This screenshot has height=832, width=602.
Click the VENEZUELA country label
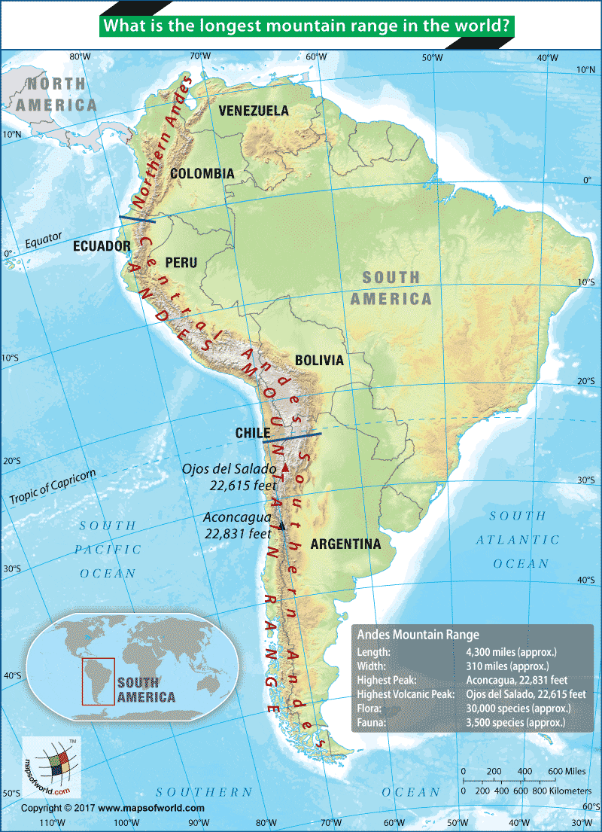point(254,111)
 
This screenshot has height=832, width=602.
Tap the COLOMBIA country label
point(202,174)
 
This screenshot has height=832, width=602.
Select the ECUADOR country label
point(102,246)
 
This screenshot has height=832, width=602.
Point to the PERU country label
point(181,263)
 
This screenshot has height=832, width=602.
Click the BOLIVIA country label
point(319,361)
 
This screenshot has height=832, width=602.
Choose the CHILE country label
point(252,433)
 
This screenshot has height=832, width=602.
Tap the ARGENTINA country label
point(345,544)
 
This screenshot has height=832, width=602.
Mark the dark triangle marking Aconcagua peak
point(282,526)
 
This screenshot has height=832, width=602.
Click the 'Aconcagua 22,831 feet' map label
point(238,526)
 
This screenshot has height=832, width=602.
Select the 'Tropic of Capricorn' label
point(53,488)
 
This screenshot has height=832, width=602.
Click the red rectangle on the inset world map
point(98,681)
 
